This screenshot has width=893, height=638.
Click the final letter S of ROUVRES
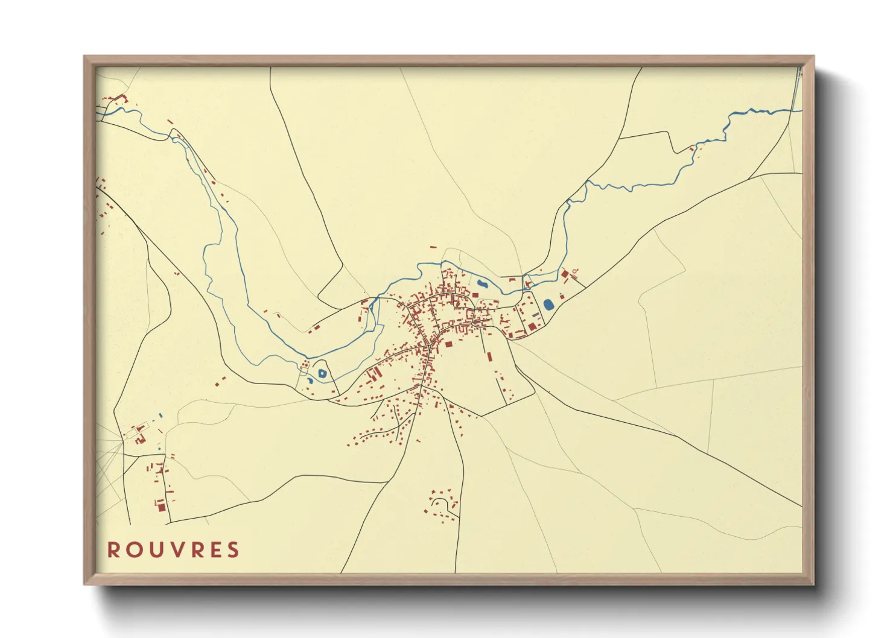click(234, 550)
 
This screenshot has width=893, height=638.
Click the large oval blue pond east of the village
click(548, 305)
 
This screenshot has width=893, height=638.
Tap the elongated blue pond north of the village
click(482, 283)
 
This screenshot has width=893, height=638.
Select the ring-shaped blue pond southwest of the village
click(322, 373)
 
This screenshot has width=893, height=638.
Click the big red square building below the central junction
click(448, 344)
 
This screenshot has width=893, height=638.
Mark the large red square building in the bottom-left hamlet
click(161, 506)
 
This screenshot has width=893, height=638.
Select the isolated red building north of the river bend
click(433, 247)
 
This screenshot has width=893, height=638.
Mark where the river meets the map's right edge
click(801, 110)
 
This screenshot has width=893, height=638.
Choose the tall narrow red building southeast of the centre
click(489, 356)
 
